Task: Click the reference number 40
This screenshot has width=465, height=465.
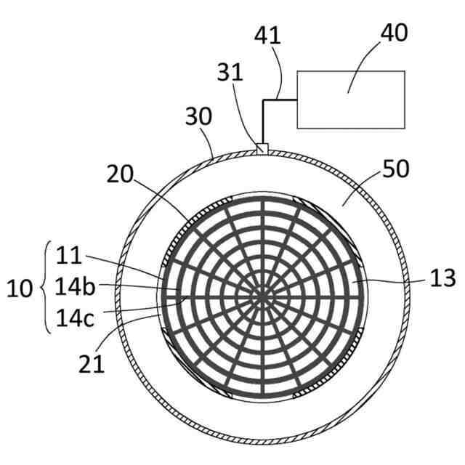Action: coord(393,33)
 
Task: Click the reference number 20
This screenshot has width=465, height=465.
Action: coord(121,174)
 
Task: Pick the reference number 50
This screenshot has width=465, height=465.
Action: coord(395,169)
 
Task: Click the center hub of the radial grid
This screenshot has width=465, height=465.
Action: coord(262,296)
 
